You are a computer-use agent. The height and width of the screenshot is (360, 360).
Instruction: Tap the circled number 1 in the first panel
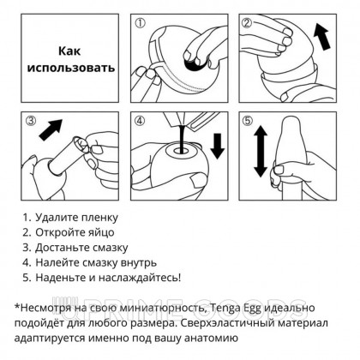141,23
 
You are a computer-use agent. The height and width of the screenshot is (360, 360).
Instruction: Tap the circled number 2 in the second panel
248,23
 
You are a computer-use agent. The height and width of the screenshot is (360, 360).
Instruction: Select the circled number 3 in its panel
33,123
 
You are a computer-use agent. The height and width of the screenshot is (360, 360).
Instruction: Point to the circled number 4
141,123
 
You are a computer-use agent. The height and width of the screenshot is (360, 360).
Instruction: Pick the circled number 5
248,123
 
